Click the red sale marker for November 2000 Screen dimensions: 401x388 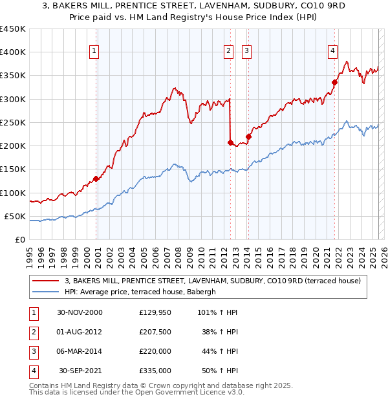[x=96, y=179]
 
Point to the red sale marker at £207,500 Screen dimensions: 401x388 [x=230, y=142]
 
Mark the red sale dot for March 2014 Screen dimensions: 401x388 [x=248, y=136]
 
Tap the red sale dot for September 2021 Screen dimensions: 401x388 [x=335, y=82]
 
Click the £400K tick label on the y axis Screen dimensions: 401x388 [x=13, y=52]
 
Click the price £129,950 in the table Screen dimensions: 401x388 [x=155, y=312]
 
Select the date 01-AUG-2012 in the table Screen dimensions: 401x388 [x=80, y=332]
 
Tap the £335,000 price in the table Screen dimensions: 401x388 [x=155, y=371]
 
